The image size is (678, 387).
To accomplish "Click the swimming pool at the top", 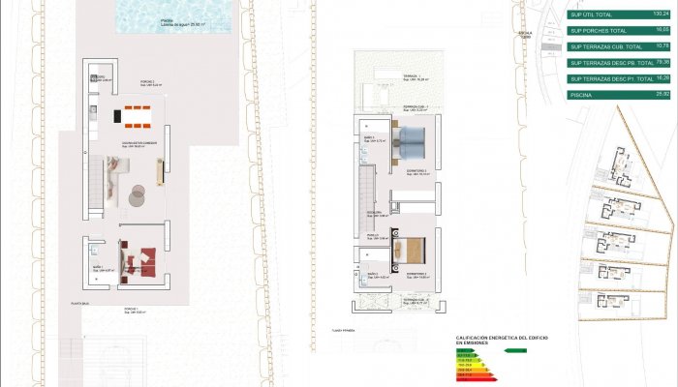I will (x=174, y=14).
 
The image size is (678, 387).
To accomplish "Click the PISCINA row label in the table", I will (x=581, y=95).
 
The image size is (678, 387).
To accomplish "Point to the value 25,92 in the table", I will (x=663, y=95).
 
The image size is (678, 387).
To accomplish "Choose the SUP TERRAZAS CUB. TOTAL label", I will (x=605, y=46).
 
